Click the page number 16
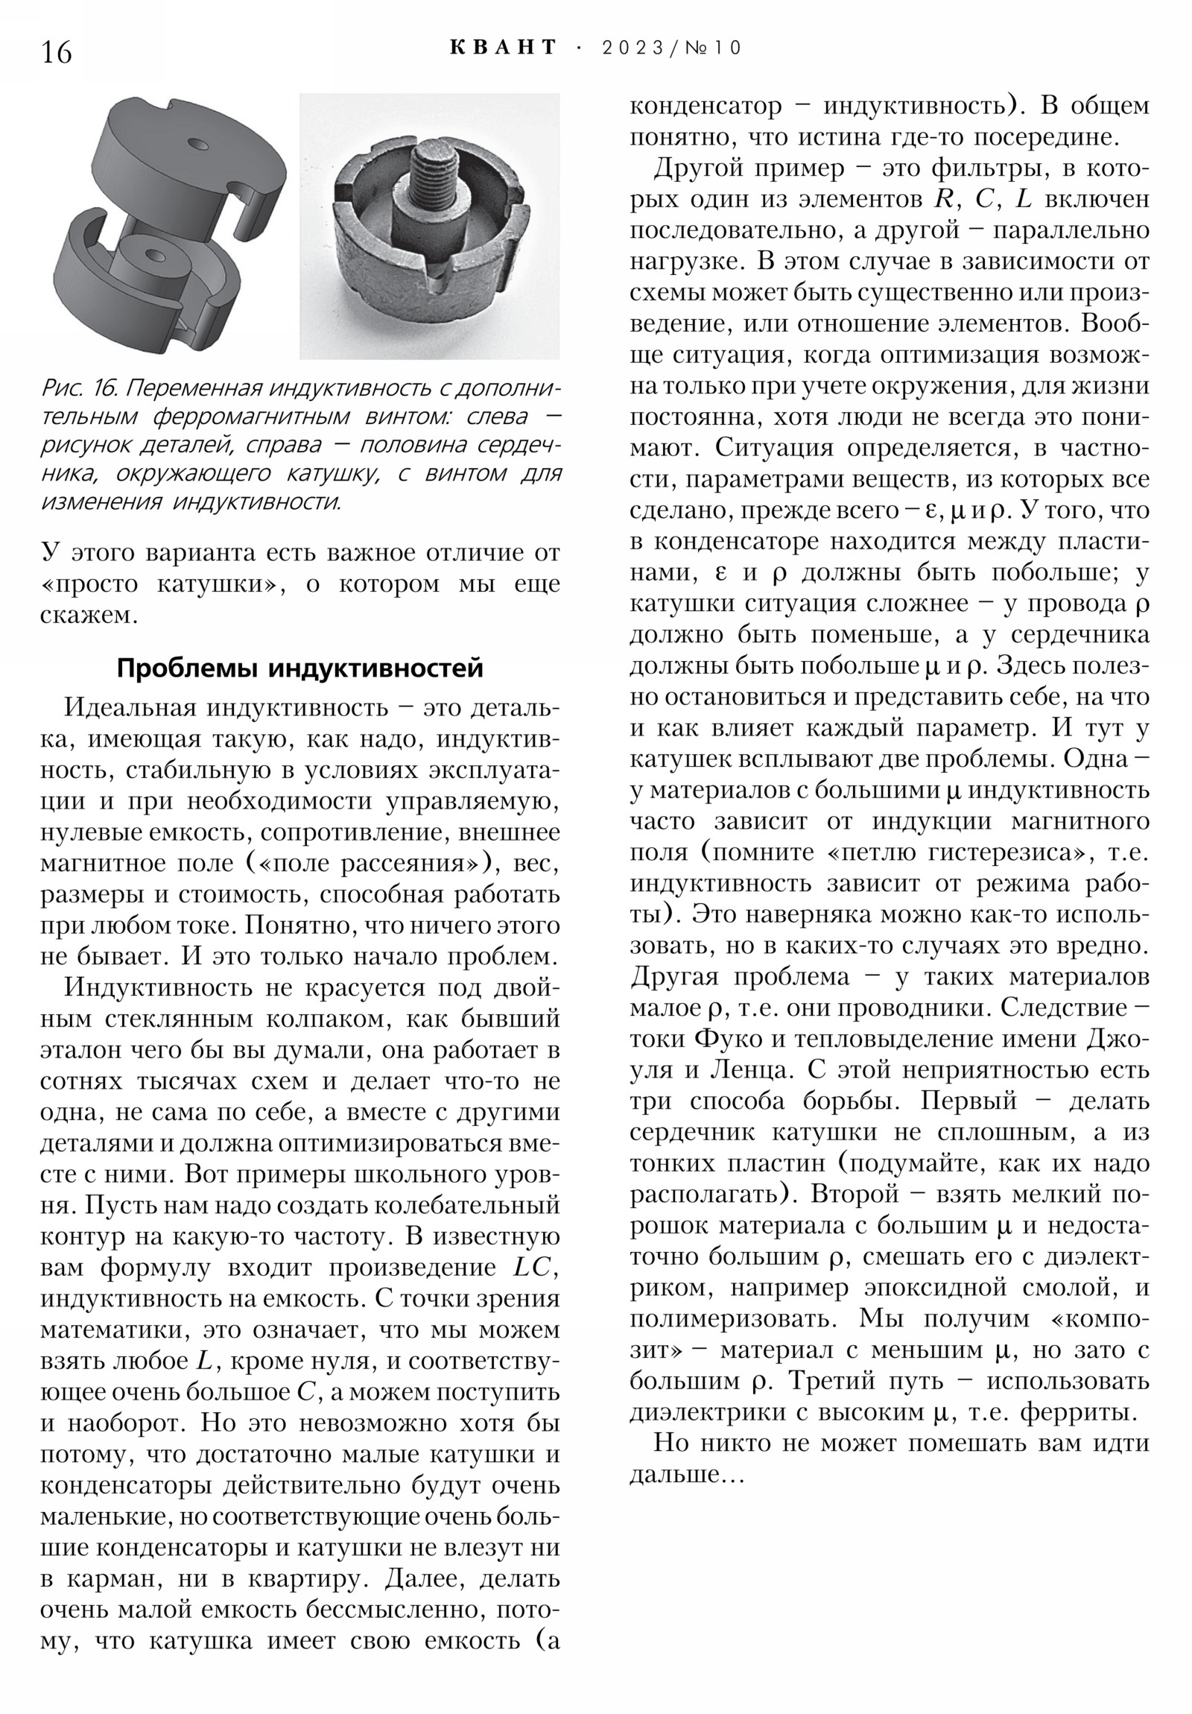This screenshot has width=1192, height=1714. coord(57,52)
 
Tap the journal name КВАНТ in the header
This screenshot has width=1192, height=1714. coord(504,48)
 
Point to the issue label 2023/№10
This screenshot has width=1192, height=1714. coord(671,48)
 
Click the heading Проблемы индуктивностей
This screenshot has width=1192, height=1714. coord(300,668)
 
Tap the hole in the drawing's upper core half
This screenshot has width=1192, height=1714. coord(197,142)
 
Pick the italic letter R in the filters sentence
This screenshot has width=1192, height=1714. coord(942,199)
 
